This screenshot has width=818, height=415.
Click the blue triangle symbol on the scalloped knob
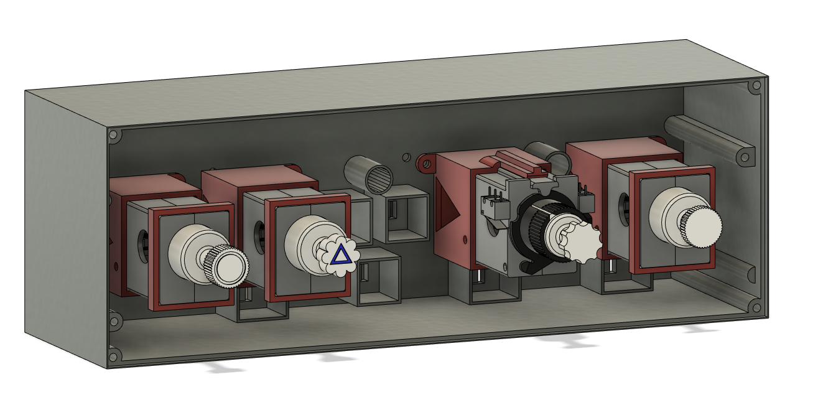(x=340, y=256)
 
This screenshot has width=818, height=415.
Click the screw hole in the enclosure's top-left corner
(x=113, y=134)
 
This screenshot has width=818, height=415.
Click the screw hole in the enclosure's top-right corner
(x=756, y=86)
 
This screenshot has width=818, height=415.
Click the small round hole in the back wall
(x=406, y=157)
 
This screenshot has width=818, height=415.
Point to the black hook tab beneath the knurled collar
(x=529, y=268)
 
